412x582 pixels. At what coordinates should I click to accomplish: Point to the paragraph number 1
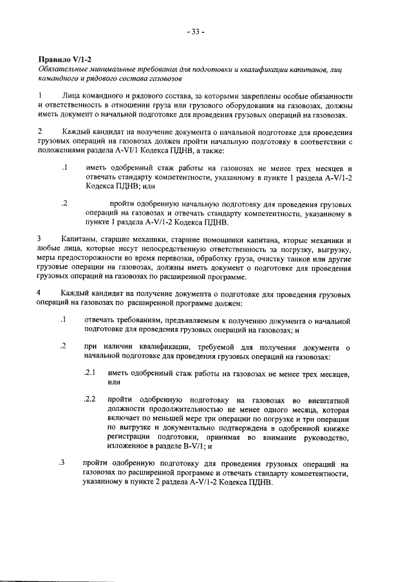(x=40, y=95)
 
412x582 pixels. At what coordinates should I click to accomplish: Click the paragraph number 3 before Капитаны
(x=40, y=239)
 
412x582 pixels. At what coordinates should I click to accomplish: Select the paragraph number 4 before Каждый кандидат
(x=40, y=294)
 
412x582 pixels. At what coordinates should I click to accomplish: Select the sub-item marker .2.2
(x=90, y=399)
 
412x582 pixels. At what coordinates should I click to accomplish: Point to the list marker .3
(x=62, y=462)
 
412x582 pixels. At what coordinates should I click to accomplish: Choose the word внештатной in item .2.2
(x=324, y=399)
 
